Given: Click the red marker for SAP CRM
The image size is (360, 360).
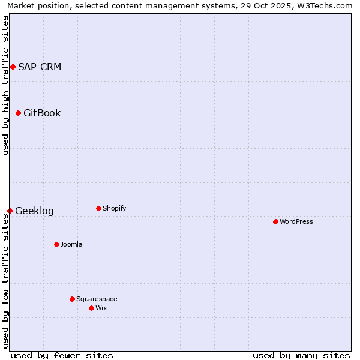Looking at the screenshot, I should pos(13,67).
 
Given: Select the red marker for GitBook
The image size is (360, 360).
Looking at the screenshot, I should pos(18,113).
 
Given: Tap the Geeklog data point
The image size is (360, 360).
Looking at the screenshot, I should pos(10,211).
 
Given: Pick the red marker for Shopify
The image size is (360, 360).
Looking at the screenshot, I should pos(98,208).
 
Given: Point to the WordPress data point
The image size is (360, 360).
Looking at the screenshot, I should pos(275,221).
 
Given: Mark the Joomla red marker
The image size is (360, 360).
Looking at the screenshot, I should pos(56,244).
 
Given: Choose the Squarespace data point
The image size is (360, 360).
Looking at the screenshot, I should pos(72,299).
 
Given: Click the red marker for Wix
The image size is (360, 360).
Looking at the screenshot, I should pos(91,308).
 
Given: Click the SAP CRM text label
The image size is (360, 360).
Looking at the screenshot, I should pos(40,67).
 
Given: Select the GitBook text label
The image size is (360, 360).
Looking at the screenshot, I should pos(42,113).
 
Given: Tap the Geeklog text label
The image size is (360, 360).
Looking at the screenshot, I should pos(34,211).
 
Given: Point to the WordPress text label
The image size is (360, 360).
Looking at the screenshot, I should pos(296,221).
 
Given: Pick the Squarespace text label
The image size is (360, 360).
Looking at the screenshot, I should pos(97,299).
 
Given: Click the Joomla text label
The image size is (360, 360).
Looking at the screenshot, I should pos(71,244).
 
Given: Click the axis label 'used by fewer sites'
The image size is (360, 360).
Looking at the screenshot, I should pos(62,355).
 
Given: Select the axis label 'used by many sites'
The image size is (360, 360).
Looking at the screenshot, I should pos(301,355).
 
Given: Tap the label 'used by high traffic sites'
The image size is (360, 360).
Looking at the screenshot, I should pos(5,85).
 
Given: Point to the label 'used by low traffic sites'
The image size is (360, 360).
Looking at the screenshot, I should pos(5,280).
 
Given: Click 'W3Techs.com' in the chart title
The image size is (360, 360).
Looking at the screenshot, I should pos(326,6).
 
